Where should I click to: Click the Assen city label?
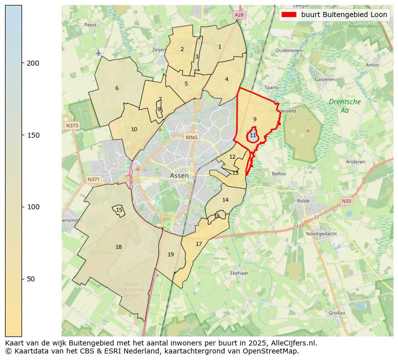(179, 176)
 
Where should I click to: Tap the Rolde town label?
(304, 201)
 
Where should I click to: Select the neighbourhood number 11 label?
(253, 136)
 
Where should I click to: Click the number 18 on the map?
(118, 247)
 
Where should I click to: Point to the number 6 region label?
(117, 88)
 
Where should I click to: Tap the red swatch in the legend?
(289, 15)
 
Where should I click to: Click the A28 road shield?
(239, 16)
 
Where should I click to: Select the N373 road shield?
(72, 126)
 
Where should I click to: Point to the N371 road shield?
(94, 179)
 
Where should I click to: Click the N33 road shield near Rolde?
(346, 201)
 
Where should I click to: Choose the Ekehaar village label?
(239, 273)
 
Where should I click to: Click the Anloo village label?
(372, 65)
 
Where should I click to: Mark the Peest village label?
(90, 25)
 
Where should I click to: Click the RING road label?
(191, 137)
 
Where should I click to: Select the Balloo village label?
(279, 174)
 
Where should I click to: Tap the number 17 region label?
(199, 244)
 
